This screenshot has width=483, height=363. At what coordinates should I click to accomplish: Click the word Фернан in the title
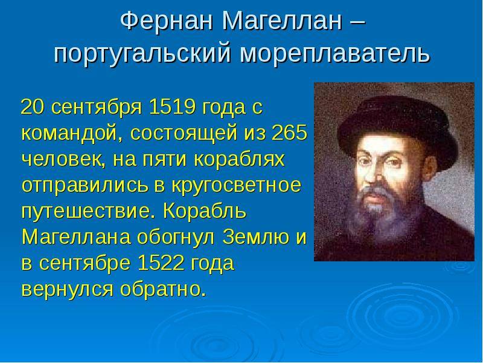167,21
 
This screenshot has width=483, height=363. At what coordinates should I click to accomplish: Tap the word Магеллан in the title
282,21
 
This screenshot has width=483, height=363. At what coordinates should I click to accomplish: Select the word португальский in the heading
142,54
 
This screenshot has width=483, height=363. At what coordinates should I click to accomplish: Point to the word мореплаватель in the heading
334,54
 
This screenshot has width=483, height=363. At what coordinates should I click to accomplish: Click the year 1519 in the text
172,107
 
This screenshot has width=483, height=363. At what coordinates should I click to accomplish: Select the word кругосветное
236,186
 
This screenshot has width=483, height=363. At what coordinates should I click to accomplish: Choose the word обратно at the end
162,289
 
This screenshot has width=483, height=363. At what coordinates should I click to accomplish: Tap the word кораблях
239,159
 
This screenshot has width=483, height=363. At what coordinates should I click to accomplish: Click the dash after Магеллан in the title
358,22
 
